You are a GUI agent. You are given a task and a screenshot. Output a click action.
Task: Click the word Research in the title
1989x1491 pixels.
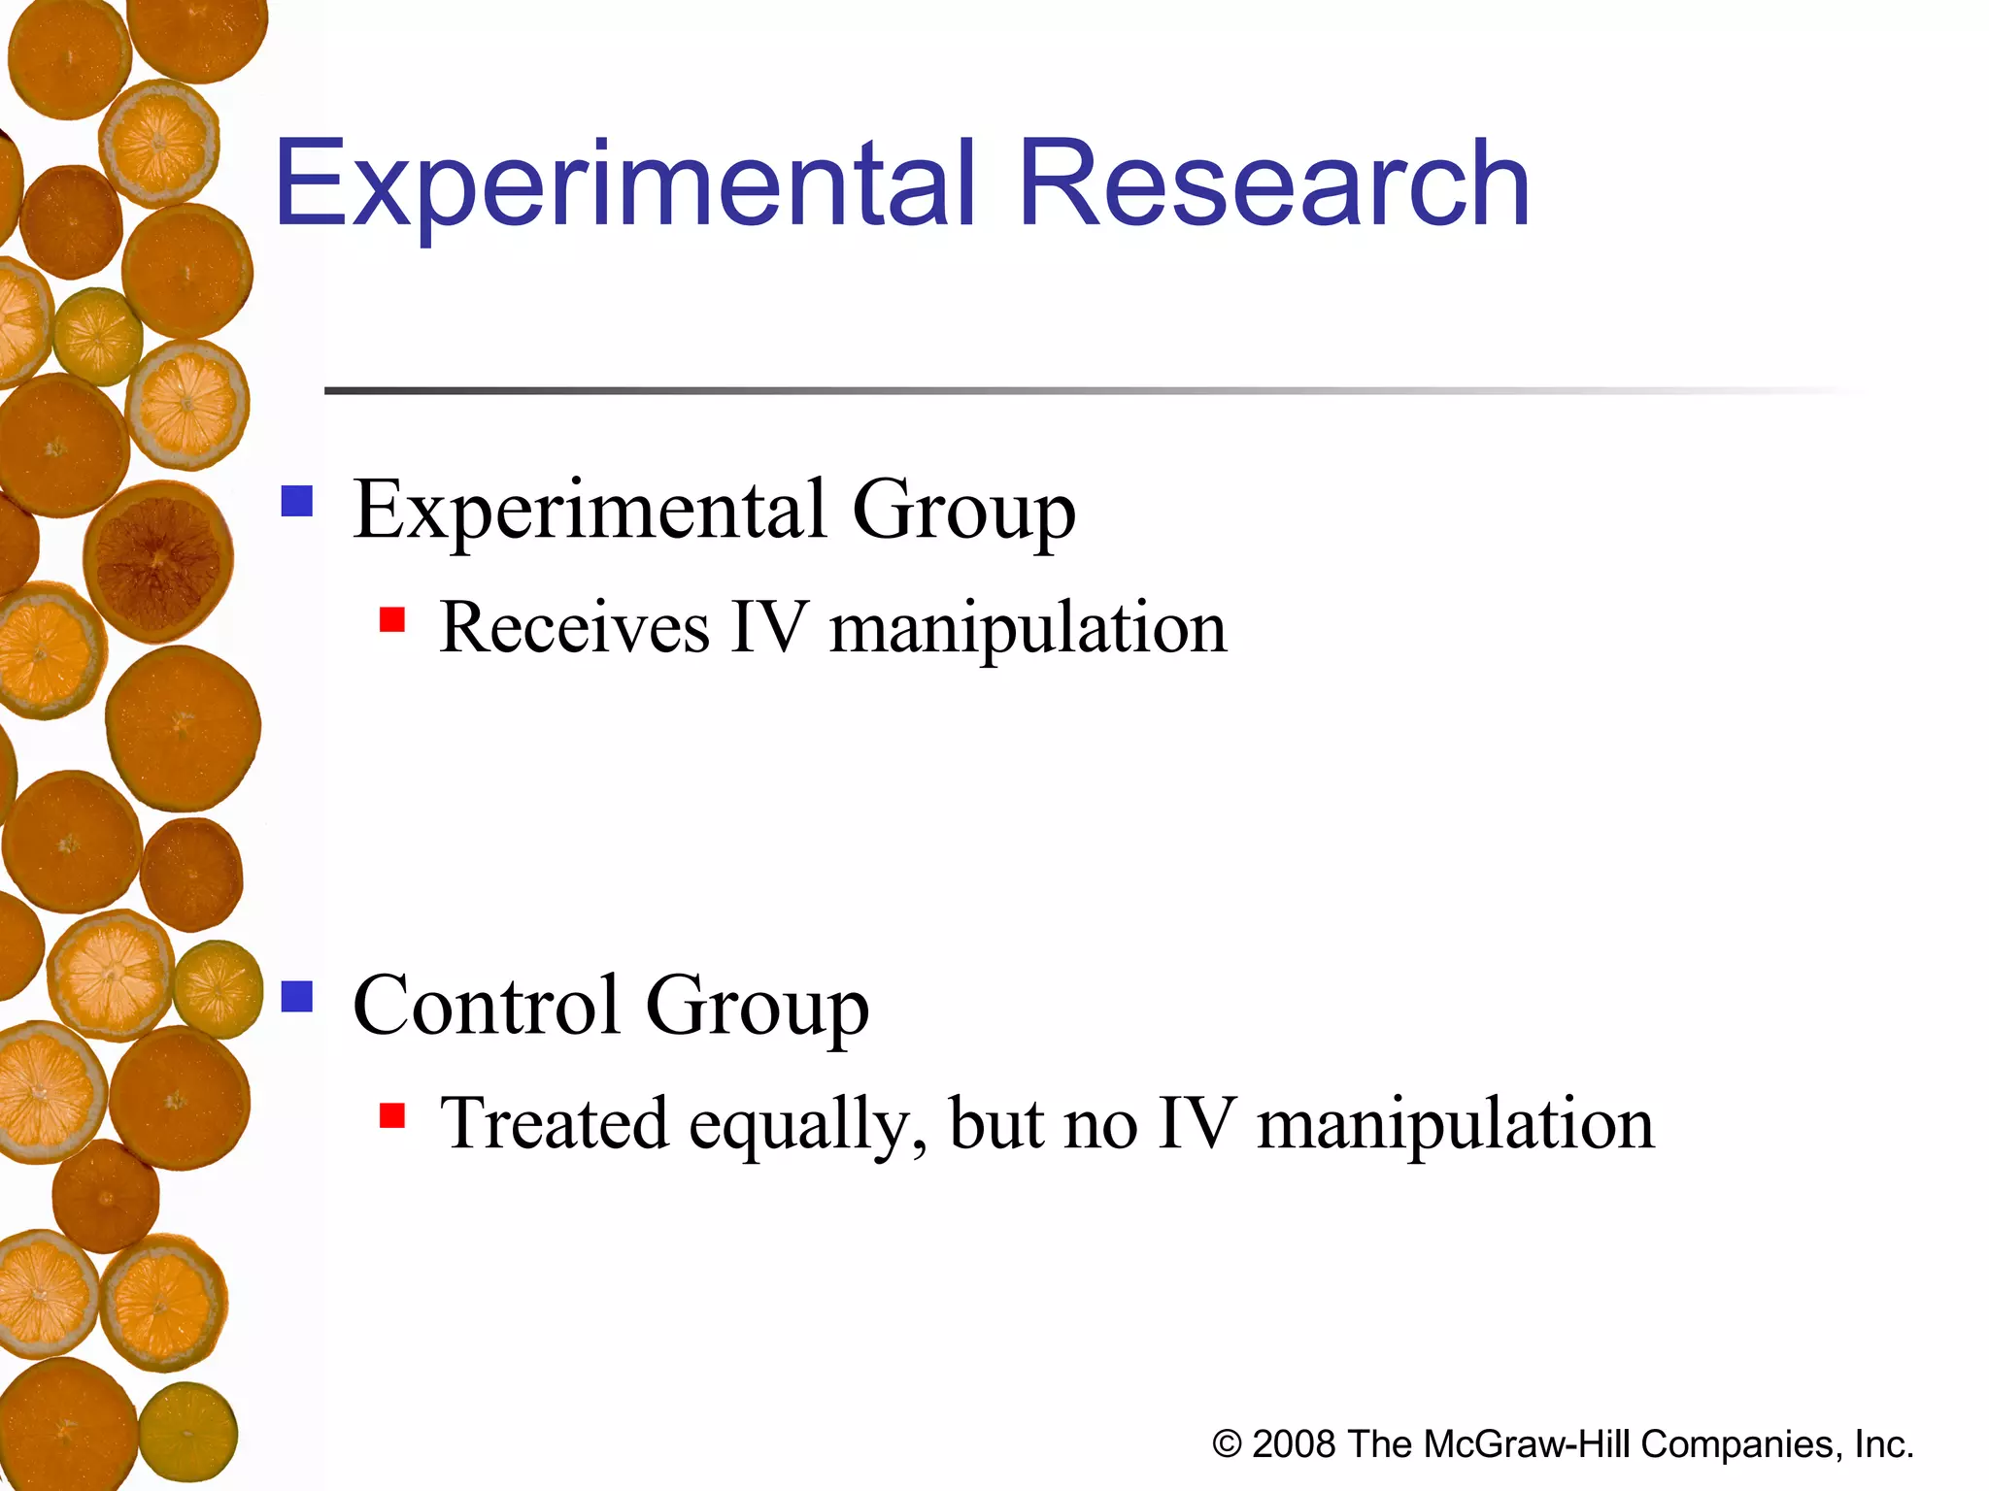pyautogui.click(x=1274, y=184)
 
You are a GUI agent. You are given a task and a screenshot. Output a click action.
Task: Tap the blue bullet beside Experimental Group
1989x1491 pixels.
pyautogui.click(x=297, y=502)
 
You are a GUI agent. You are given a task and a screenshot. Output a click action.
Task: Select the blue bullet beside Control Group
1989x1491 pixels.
pyautogui.click(x=297, y=997)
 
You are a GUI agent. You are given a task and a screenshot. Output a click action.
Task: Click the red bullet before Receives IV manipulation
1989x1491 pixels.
pyautogui.click(x=392, y=619)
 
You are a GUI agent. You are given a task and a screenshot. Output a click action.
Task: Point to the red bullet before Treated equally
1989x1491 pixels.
pyautogui.click(x=392, y=1115)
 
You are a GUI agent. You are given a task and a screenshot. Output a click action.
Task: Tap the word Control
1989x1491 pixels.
pyautogui.click(x=486, y=1006)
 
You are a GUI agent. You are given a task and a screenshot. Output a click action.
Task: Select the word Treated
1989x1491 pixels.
pyautogui.click(x=554, y=1124)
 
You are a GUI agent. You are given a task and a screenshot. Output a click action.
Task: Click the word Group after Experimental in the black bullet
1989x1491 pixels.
pyautogui.click(x=963, y=513)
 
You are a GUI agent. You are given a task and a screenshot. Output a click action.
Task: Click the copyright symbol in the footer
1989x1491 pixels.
pyautogui.click(x=1227, y=1444)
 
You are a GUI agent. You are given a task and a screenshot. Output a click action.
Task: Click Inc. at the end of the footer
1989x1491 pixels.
pyautogui.click(x=1883, y=1444)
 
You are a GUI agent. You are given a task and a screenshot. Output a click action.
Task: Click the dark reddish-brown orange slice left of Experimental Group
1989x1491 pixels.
pyautogui.click(x=158, y=561)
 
